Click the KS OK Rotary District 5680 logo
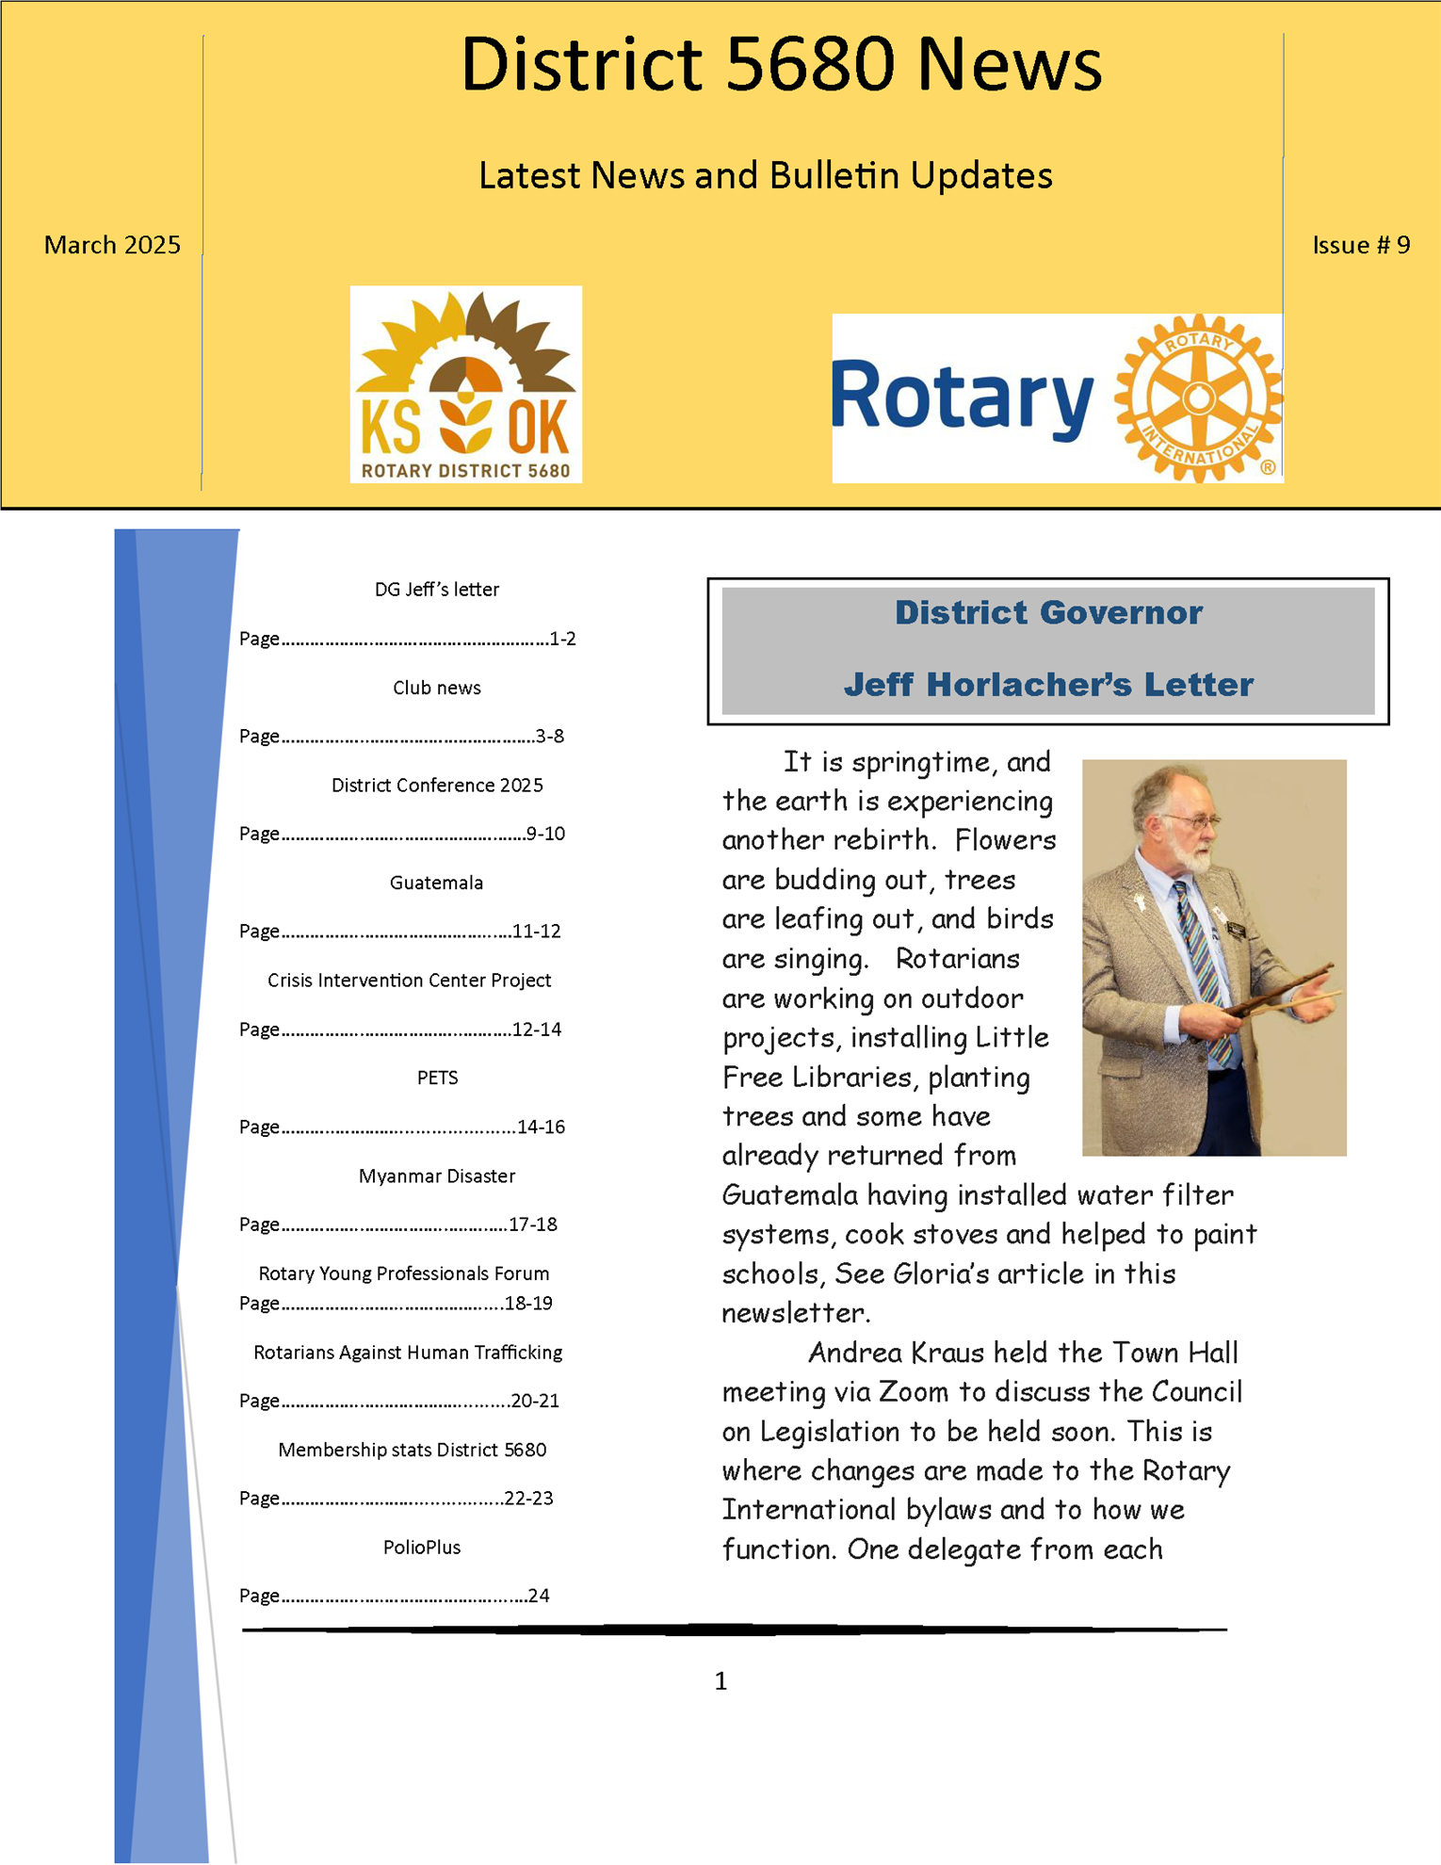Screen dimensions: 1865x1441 point(465,384)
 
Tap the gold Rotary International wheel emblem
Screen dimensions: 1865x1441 point(1198,398)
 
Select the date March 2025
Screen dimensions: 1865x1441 point(112,245)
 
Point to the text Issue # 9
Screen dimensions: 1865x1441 point(1361,245)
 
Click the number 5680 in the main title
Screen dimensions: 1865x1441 point(810,64)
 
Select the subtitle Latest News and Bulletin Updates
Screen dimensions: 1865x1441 point(765,175)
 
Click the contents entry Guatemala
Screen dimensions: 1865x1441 point(436,883)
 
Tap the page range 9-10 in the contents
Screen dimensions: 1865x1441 point(545,834)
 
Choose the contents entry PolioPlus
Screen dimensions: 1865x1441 point(422,1548)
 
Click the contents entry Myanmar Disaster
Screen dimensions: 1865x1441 point(437,1176)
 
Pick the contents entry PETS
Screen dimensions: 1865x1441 point(437,1078)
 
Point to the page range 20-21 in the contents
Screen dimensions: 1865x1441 point(535,1401)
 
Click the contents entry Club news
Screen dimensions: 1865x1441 point(437,688)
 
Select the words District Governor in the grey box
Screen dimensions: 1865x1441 point(1048,613)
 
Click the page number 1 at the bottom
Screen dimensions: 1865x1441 point(720,1680)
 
